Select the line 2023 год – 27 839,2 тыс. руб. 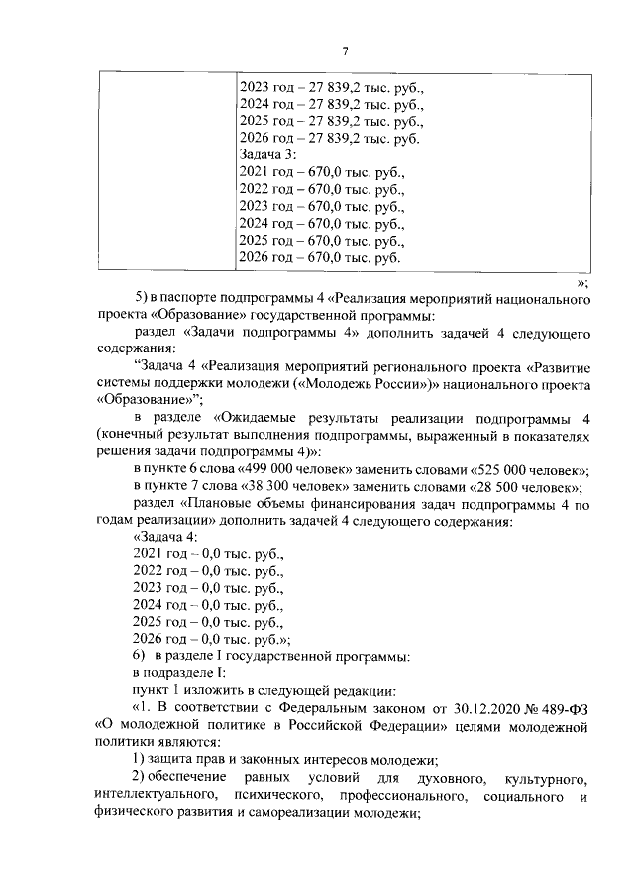332,87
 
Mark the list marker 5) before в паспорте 140,299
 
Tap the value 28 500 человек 529,486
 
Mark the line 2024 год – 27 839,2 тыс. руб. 332,104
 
